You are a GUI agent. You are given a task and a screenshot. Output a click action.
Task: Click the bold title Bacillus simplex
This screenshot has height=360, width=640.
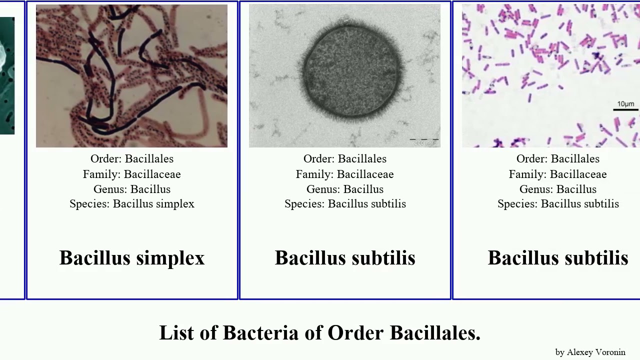click(132, 258)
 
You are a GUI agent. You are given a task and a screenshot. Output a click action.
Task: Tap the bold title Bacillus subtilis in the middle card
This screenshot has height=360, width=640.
click(345, 258)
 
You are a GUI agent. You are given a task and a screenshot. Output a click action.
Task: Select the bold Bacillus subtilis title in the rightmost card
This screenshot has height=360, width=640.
click(557, 258)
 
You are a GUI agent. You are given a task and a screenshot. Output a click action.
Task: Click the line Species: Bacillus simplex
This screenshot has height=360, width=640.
click(132, 204)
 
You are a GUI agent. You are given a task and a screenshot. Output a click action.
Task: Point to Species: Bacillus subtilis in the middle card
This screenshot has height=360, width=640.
click(345, 204)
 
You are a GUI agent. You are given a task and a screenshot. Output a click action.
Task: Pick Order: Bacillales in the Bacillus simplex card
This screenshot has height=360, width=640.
click(132, 159)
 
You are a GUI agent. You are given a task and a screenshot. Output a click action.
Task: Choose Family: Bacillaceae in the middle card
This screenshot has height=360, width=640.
click(345, 174)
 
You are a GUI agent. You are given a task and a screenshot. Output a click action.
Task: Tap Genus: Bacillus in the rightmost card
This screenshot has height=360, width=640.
click(557, 189)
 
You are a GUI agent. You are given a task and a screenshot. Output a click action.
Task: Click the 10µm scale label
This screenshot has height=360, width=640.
click(625, 104)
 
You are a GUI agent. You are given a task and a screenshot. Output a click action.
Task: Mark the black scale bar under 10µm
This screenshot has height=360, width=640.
click(625, 109)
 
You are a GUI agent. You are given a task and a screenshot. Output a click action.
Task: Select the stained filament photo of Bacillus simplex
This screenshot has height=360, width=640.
click(131, 76)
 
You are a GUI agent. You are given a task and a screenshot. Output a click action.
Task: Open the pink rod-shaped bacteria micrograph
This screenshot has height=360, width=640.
click(550, 76)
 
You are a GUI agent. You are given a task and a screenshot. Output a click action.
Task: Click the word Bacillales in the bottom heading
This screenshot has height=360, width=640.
click(434, 333)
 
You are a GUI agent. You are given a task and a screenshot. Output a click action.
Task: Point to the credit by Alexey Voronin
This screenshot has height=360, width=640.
click(590, 352)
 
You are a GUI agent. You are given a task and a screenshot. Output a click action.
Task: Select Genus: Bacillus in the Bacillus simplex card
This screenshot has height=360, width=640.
click(132, 189)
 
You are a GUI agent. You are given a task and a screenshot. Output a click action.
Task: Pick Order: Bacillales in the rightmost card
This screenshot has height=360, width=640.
click(557, 159)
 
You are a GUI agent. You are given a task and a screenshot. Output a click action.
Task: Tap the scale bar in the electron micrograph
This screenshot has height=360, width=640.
click(424, 139)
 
